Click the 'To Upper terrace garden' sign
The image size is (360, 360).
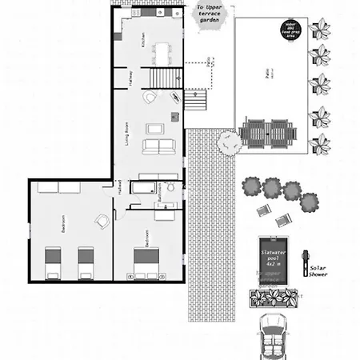click(210, 16)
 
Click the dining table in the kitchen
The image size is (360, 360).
click(165, 54)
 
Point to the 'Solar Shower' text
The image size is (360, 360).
click(318, 268)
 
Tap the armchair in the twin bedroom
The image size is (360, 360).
click(102, 221)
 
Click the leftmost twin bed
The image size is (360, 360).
click(52, 263)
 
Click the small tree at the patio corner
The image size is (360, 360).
click(230, 141)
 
